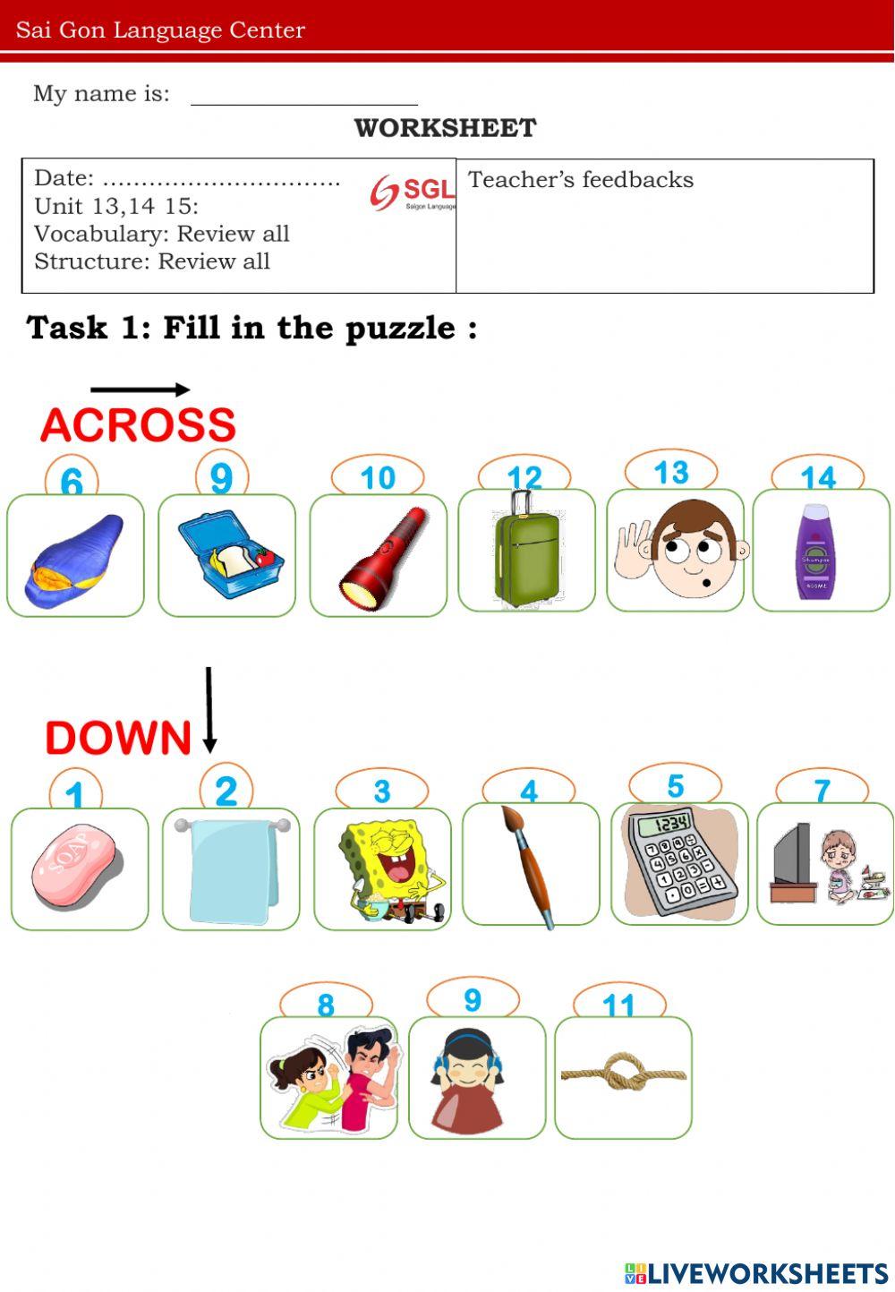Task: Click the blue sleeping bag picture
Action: click(75, 560)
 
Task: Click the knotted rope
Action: click(623, 1072)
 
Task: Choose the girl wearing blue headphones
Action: click(467, 1080)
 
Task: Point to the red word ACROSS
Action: click(138, 424)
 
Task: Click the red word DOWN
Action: click(118, 738)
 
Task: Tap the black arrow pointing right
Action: click(140, 389)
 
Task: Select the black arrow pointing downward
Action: click(209, 709)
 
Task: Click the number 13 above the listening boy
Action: click(671, 472)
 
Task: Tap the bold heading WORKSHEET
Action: click(445, 128)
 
